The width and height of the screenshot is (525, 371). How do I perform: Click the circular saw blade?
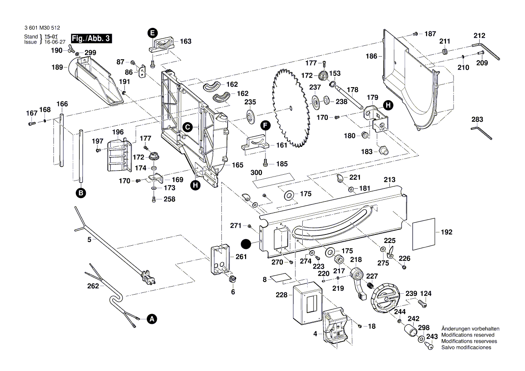tap(290, 108)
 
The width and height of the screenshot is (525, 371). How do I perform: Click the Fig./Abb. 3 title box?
tap(91, 39)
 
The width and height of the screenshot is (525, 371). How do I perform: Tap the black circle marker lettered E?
tap(153, 32)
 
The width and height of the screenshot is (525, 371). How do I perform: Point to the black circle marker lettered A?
tap(152, 319)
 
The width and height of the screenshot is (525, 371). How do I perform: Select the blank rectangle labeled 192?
tap(424, 232)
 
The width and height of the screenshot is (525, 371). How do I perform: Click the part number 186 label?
tap(371, 57)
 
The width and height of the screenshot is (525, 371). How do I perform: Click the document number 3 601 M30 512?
tap(42, 27)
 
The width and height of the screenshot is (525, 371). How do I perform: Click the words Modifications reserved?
tap(468, 335)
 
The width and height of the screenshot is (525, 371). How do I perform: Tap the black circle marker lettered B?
tap(80, 193)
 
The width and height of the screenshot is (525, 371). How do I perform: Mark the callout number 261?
tap(241, 257)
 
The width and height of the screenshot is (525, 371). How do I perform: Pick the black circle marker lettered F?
tap(265, 125)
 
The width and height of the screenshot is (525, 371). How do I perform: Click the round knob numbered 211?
tap(445, 52)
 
